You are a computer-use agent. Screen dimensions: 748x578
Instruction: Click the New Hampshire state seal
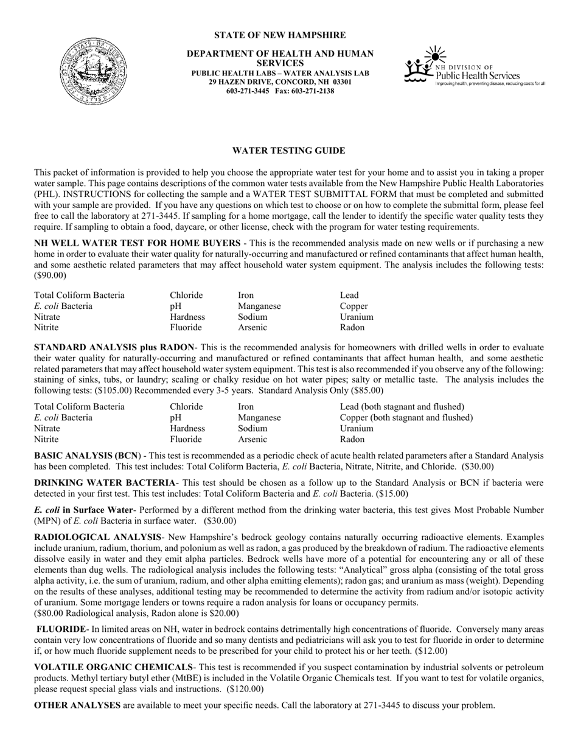point(94,71)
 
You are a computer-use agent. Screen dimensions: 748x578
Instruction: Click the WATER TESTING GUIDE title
point(289,151)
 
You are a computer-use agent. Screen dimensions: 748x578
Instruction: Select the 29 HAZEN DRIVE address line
point(280,81)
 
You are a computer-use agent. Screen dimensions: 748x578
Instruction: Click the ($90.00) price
point(50,275)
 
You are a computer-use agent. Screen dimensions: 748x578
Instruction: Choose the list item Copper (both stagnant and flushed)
point(406,417)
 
